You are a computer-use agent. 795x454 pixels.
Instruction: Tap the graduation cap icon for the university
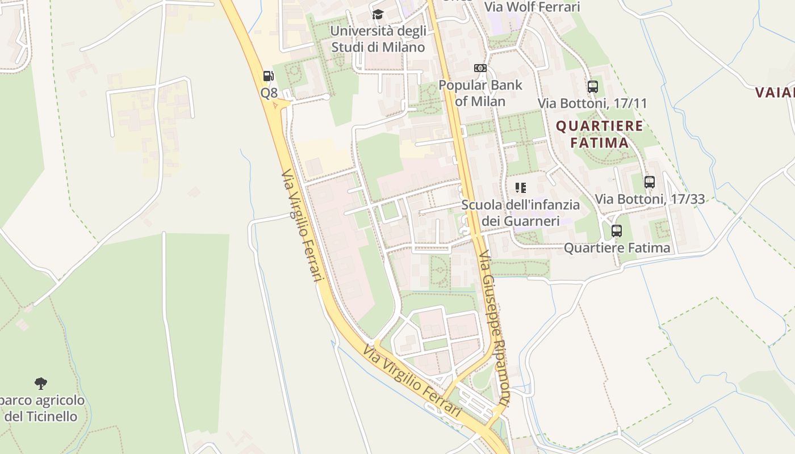click(378, 15)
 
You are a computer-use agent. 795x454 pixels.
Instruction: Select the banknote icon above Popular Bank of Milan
click(480, 68)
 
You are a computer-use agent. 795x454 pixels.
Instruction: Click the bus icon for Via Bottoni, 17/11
click(593, 87)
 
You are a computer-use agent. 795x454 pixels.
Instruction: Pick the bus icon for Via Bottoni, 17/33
click(650, 182)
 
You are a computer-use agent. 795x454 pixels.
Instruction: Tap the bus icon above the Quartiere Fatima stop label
click(617, 231)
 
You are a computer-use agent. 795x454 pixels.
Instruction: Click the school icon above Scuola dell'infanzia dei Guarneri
click(520, 187)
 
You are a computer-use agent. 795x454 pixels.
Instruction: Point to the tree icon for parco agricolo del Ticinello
click(40, 384)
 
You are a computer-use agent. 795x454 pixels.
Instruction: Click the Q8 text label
click(269, 93)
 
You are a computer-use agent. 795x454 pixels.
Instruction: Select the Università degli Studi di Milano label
click(378, 39)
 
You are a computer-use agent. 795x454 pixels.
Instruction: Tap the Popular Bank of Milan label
click(480, 93)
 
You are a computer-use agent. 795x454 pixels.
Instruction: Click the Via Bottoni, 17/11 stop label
click(592, 103)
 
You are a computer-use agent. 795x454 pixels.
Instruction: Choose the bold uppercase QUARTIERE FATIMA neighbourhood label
click(600, 134)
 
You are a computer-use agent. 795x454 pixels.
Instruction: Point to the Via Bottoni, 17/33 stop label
click(650, 199)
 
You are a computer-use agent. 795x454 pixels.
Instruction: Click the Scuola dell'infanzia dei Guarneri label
click(521, 212)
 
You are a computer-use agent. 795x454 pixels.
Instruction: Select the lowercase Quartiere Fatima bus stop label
click(617, 248)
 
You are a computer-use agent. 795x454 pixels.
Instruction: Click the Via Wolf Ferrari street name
click(532, 7)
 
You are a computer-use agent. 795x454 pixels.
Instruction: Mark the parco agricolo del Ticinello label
click(41, 408)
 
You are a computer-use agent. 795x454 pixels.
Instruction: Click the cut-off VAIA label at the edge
click(775, 92)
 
